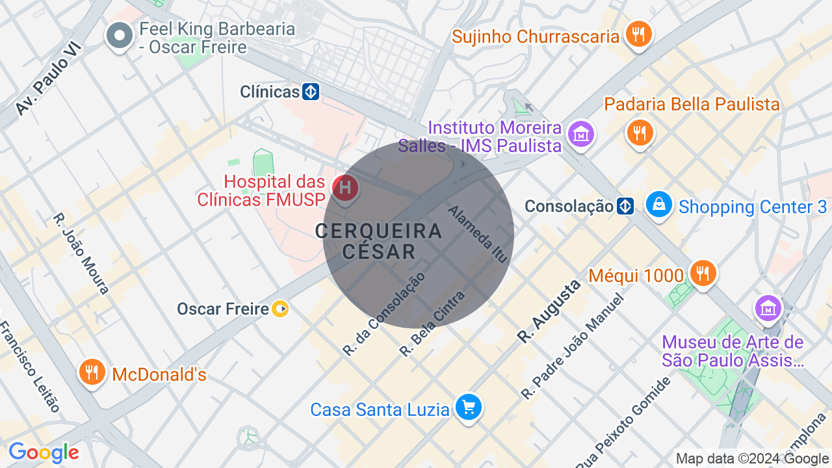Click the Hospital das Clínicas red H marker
coord(345,188)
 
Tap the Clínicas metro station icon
coord(311,92)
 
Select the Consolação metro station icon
coord(625,207)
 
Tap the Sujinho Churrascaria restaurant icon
coord(639,34)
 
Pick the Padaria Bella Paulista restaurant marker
coord(640,133)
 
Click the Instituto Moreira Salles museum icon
coord(580,135)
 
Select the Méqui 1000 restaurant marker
coord(703,273)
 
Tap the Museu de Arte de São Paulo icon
coord(768,308)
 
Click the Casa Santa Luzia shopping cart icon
coord(468,408)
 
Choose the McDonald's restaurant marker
coord(92,372)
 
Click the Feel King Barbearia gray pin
coord(120,36)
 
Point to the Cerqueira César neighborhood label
coord(379,240)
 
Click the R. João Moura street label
coord(81,253)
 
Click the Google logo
coord(44,452)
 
